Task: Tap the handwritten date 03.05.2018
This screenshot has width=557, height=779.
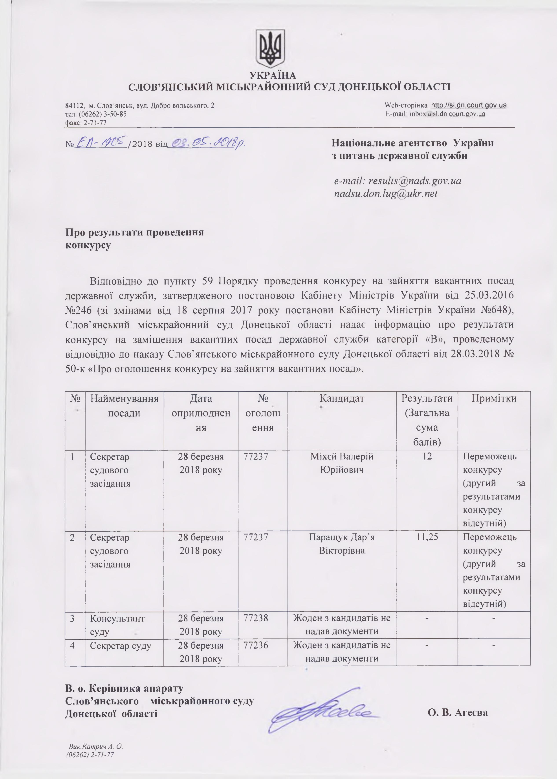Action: point(208,143)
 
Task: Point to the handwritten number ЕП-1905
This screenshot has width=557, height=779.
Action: point(101,142)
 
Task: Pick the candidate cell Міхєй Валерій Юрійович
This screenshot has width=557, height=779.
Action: point(342,463)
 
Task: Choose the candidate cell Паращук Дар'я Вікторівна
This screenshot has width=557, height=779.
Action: point(342,544)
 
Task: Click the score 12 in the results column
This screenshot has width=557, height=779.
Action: point(427,456)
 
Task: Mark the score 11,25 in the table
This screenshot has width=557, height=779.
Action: point(427,537)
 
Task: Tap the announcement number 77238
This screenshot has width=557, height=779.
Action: point(256,618)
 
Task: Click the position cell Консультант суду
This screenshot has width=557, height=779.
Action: point(117,625)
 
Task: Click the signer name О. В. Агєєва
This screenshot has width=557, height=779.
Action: point(458,703)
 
